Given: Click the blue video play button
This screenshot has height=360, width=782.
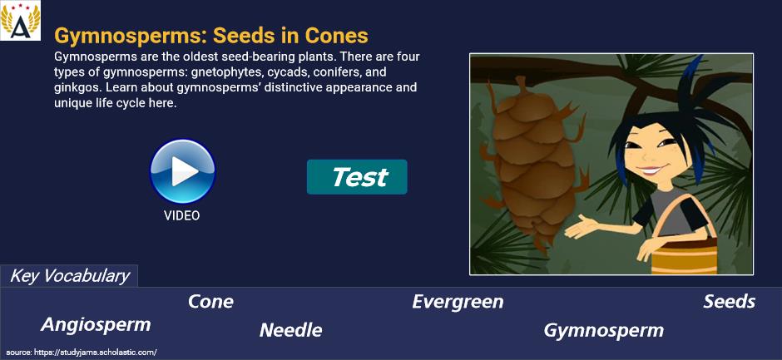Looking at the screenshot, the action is coord(182,171).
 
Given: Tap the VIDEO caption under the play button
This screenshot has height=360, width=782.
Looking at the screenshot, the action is coord(182,215).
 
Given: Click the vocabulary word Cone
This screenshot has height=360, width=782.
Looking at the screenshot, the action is coord(210,302).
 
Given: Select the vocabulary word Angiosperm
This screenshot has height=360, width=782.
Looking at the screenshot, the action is coord(96,325).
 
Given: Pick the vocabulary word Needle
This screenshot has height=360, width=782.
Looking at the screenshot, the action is coord(291,330).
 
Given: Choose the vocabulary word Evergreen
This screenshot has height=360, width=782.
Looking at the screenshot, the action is coord(458,302).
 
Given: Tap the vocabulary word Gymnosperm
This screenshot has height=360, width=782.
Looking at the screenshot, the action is coord(603,331).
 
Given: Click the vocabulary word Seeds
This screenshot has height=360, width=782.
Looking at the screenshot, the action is coord(729,302).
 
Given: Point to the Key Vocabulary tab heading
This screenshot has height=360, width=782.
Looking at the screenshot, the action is coord(70,276).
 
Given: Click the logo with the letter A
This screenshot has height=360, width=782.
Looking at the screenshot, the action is coord(21,21).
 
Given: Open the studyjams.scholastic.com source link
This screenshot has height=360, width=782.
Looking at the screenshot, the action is coord(82,353).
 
